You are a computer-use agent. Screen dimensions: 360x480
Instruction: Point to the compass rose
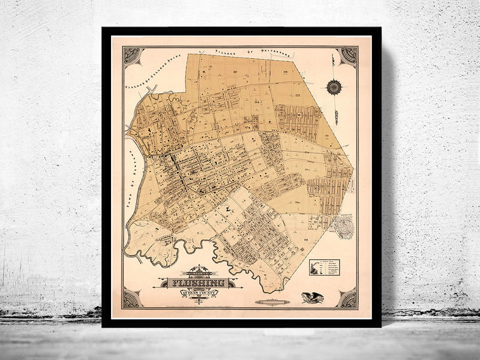pyautogui.click(x=334, y=88)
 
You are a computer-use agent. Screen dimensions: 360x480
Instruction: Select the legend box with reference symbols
pyautogui.click(x=324, y=267)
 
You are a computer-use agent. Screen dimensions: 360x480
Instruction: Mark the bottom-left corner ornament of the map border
pyautogui.click(x=131, y=298)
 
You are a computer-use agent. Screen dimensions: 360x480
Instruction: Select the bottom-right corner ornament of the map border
pyautogui.click(x=347, y=298)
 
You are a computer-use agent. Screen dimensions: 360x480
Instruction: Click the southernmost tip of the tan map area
pyautogui.click(x=281, y=292)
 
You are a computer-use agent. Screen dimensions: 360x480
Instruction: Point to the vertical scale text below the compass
pyautogui.click(x=337, y=110)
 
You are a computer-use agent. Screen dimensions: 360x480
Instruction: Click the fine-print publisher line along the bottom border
pyautogui.click(x=240, y=308)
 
